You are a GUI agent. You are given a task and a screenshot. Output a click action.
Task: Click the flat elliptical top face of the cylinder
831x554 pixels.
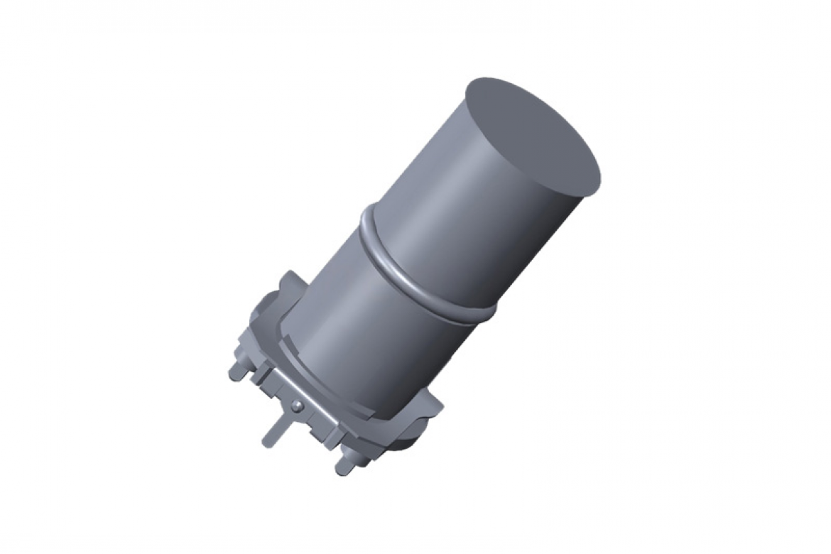pyautogui.click(x=533, y=135)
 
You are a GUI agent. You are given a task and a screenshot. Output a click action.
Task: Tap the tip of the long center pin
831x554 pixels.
pyautogui.click(x=266, y=443)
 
